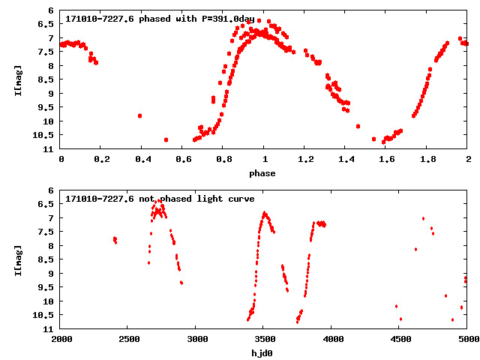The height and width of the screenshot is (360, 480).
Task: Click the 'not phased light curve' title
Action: pyautogui.click(x=159, y=199)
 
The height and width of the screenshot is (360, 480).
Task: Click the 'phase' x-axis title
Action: pyautogui.click(x=262, y=173)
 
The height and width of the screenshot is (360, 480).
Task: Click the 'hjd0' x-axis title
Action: pyautogui.click(x=262, y=352)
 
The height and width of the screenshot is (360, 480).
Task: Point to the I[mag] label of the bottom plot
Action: pyautogui.click(x=18, y=259)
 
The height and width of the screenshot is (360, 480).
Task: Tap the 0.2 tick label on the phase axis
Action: pyautogui.click(x=101, y=159)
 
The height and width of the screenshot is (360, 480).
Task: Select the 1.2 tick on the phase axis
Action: pyautogui.click(x=305, y=159)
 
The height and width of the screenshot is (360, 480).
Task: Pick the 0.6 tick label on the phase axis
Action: pyautogui.click(x=183, y=159)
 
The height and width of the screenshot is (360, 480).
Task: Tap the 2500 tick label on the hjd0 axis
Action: pyautogui.click(x=127, y=338)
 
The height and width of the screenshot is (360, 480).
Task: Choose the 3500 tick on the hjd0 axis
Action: pyautogui.click(x=263, y=338)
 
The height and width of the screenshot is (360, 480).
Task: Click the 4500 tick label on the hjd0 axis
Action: pyautogui.click(x=398, y=338)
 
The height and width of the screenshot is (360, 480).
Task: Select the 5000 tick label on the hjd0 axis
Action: pyautogui.click(x=466, y=338)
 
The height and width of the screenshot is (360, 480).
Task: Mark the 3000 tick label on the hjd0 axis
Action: pyautogui.click(x=195, y=338)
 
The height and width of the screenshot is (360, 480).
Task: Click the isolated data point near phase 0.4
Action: pyautogui.click(x=140, y=115)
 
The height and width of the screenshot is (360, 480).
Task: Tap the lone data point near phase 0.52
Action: pyautogui.click(x=166, y=139)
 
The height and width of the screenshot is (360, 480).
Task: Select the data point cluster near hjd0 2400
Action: pyautogui.click(x=115, y=240)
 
